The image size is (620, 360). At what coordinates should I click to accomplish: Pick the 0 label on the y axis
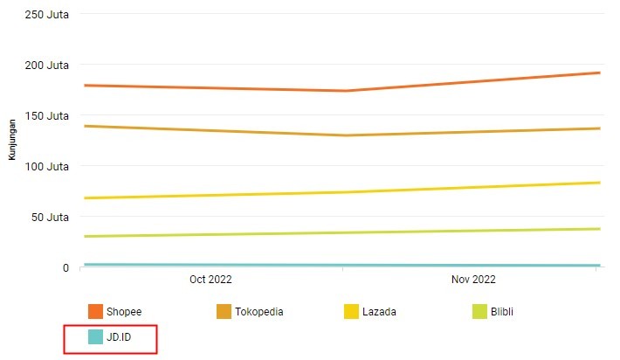point(65,267)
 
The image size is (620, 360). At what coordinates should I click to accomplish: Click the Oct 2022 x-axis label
point(210,280)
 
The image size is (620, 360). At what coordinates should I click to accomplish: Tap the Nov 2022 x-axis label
point(472,280)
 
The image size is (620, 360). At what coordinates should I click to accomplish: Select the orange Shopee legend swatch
point(96,312)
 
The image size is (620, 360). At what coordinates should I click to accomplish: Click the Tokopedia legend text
point(259,312)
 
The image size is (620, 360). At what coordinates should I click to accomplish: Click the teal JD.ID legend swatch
point(96,336)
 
